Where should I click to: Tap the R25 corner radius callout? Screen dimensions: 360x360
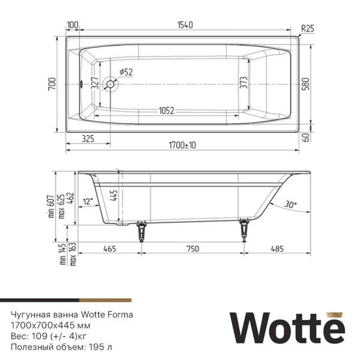click(x=307, y=28)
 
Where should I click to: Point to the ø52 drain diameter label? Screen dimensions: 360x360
click(x=126, y=72)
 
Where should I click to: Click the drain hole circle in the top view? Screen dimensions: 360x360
click(x=110, y=84)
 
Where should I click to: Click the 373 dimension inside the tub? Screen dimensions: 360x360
click(x=243, y=82)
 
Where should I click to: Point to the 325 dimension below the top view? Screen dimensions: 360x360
click(x=88, y=139)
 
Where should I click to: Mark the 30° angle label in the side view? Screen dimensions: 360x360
click(x=290, y=205)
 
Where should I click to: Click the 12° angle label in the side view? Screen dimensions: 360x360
click(x=89, y=202)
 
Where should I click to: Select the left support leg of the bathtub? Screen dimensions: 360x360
click(x=142, y=231)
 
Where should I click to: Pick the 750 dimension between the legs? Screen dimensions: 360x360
click(x=191, y=248)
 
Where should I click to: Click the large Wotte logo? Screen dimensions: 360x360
click(x=287, y=328)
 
